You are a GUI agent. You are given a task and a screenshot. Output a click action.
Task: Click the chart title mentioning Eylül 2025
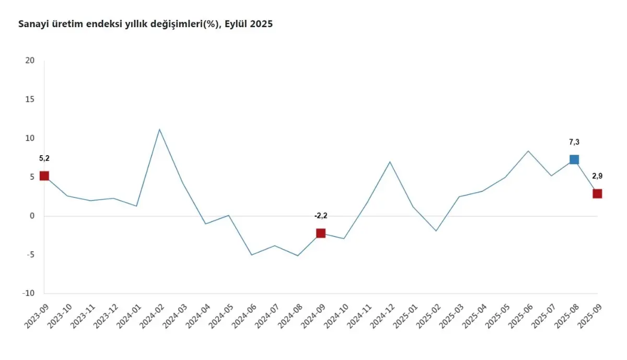tap(145, 24)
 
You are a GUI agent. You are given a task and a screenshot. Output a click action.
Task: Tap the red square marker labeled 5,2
tap(44, 176)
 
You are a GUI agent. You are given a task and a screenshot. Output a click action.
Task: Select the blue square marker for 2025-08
tap(574, 159)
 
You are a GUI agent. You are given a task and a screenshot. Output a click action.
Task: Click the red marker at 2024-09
tap(320, 233)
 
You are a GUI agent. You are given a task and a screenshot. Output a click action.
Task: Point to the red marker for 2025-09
tap(597, 193)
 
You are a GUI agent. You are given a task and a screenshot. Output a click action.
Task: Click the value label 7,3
tap(574, 142)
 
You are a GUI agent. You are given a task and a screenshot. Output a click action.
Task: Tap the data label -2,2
tap(320, 215)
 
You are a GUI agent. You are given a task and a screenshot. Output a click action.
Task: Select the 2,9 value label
tap(597, 176)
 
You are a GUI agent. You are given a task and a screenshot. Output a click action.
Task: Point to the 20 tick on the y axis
tap(30, 61)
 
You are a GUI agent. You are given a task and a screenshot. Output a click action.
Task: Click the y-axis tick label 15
tap(30, 99)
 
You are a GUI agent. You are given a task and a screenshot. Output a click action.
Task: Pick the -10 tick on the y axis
tap(28, 293)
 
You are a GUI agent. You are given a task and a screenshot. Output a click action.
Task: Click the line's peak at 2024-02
tap(159, 129)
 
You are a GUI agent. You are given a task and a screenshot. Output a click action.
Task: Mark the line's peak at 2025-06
tap(528, 151)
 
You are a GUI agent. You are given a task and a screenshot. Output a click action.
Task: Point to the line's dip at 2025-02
tap(436, 231)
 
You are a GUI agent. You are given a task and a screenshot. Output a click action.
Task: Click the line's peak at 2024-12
tap(390, 162)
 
